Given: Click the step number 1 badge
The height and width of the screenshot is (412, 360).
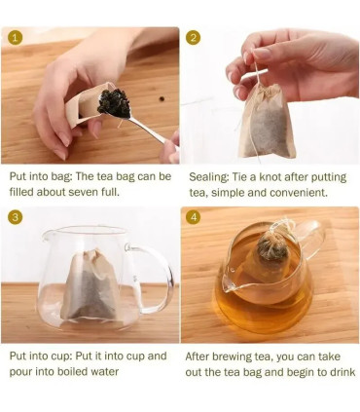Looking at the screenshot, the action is pyautogui.click(x=14, y=37).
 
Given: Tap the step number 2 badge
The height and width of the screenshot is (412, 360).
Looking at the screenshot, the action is pyautogui.click(x=194, y=38).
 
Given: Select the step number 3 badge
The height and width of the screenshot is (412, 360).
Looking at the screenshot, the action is pyautogui.click(x=15, y=217).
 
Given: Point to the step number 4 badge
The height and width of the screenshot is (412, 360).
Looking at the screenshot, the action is pyautogui.click(x=194, y=217).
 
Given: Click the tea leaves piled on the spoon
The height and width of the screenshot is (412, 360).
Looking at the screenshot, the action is pyautogui.click(x=114, y=102).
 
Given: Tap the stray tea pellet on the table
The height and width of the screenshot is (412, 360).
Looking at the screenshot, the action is pyautogui.click(x=162, y=98).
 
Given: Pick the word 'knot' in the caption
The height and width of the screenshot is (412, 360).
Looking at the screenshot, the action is pyautogui.click(x=270, y=177).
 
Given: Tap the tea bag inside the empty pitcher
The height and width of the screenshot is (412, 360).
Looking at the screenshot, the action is pyautogui.click(x=91, y=285).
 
